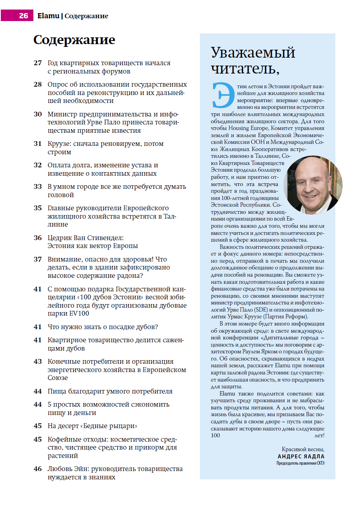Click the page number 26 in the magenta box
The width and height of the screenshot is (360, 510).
[x=23, y=16]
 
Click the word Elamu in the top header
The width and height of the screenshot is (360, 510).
[x=48, y=16]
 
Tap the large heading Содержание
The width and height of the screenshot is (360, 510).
[x=74, y=40]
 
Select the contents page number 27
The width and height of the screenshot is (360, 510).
[x=38, y=63]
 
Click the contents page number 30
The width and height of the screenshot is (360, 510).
[x=38, y=114]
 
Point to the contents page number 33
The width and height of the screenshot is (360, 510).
[x=38, y=187]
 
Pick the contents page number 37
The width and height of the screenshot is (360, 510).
[x=38, y=259]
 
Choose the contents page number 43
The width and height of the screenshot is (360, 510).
[x=38, y=362]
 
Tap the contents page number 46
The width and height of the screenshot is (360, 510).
[x=38, y=469]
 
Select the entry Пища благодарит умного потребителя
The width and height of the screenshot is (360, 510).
[x=110, y=391]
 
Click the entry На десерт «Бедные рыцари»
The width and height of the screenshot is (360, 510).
[x=93, y=426]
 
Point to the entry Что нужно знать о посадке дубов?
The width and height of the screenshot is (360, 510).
[x=103, y=327]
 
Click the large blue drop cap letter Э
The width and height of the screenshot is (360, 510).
[x=221, y=95]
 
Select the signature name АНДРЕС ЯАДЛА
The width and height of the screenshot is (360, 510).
[x=301, y=457]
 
